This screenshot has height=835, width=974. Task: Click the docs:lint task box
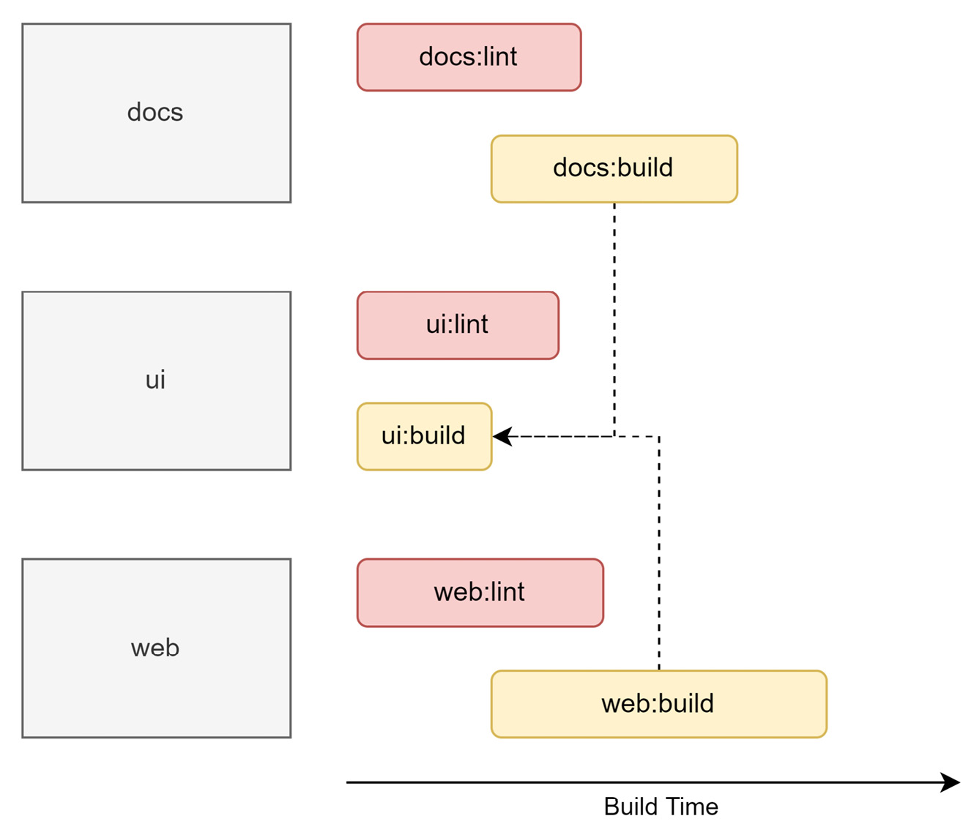(469, 57)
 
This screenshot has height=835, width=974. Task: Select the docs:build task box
(614, 168)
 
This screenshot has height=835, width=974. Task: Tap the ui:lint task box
(458, 325)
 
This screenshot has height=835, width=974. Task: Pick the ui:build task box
(424, 436)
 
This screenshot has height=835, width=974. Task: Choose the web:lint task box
(480, 592)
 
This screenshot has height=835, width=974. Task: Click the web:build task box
(658, 704)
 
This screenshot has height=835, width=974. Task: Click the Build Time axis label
(661, 806)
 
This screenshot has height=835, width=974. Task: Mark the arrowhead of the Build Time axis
(952, 782)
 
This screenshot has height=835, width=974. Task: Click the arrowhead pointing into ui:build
(501, 437)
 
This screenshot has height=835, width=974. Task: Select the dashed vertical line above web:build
(659, 556)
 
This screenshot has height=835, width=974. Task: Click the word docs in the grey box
(155, 113)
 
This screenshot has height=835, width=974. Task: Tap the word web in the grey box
(155, 648)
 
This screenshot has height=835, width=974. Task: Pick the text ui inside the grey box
(155, 380)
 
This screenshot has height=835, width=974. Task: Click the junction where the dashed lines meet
(614, 437)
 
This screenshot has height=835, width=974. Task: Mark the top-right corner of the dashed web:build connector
(659, 437)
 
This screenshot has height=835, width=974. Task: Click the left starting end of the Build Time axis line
(349, 782)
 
